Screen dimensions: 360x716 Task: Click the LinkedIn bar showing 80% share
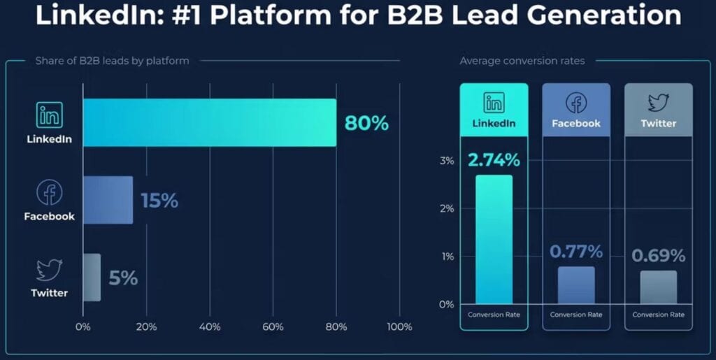(210, 123)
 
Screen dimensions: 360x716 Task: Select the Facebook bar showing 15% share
(108, 200)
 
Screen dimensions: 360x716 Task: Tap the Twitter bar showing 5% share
(92, 278)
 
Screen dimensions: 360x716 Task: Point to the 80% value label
(366, 123)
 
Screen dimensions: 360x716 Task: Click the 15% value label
(159, 201)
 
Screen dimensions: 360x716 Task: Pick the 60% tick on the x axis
(273, 326)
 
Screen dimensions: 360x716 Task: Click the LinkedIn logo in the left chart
(49, 114)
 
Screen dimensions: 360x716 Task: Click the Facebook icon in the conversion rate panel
(576, 103)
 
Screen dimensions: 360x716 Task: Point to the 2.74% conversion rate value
(494, 160)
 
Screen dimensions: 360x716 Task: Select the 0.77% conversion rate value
(576, 252)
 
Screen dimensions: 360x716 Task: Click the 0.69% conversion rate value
(658, 256)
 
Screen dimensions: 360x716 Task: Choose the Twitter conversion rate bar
(658, 287)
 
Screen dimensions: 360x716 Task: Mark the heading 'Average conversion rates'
(522, 61)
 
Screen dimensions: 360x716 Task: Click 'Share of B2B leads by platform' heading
(112, 61)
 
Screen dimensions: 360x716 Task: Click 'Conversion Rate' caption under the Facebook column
(576, 315)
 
